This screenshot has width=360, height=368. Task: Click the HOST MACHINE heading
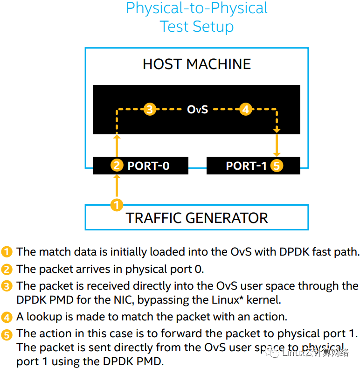click(196, 64)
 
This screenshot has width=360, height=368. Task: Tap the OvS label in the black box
click(197, 110)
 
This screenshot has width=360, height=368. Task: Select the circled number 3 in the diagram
click(149, 110)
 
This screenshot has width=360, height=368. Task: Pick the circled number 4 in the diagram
click(245, 110)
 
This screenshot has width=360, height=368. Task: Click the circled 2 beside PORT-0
click(117, 166)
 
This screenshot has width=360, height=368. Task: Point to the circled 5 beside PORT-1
click(277, 166)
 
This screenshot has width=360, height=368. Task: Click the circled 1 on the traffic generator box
click(117, 204)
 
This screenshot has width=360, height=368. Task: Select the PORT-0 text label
click(148, 166)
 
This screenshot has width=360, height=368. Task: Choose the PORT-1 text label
click(246, 166)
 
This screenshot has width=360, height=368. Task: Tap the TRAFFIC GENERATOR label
click(197, 218)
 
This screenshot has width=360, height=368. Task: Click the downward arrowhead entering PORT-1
click(277, 153)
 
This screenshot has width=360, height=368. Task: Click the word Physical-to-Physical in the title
click(197, 8)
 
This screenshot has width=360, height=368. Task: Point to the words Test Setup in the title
click(197, 26)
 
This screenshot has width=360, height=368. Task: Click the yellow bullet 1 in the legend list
click(7, 252)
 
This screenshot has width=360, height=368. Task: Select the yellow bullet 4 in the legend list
click(7, 317)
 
